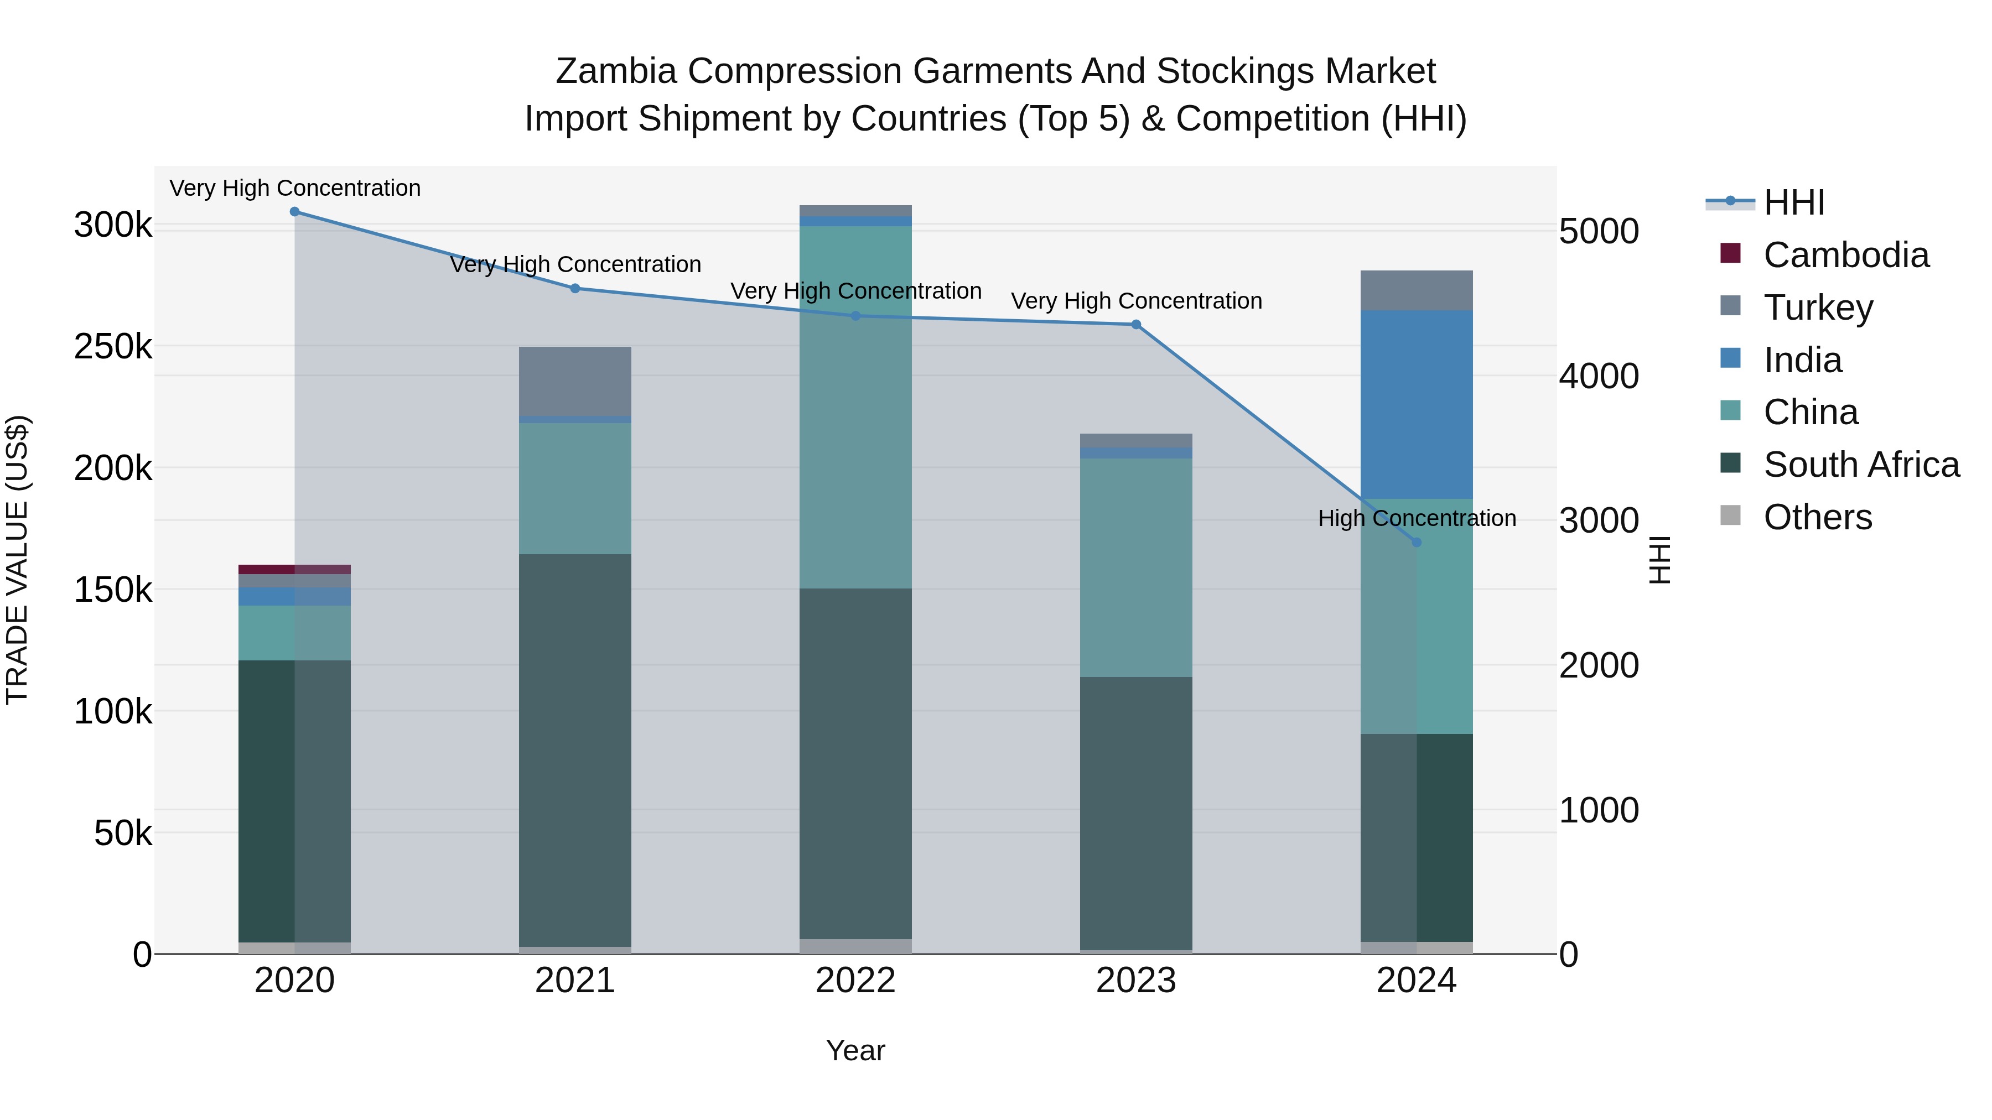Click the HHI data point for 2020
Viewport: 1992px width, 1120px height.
(x=294, y=212)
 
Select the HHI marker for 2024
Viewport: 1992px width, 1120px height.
(x=1417, y=543)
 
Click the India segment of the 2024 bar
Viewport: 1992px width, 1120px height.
(x=1417, y=404)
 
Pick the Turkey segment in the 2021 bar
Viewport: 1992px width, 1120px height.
(x=574, y=381)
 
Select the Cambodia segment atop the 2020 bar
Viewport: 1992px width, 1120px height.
(x=294, y=570)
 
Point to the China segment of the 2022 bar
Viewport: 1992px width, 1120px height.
(x=855, y=407)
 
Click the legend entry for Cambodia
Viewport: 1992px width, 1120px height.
(x=1846, y=255)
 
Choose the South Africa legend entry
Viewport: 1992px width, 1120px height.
(x=1860, y=465)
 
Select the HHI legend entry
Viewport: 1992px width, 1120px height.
(x=1794, y=202)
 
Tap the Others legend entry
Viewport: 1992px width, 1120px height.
(x=1817, y=517)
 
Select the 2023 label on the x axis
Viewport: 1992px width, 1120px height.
(x=1136, y=981)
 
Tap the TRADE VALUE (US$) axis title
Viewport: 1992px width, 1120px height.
(x=17, y=560)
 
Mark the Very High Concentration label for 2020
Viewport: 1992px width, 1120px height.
(x=294, y=188)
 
